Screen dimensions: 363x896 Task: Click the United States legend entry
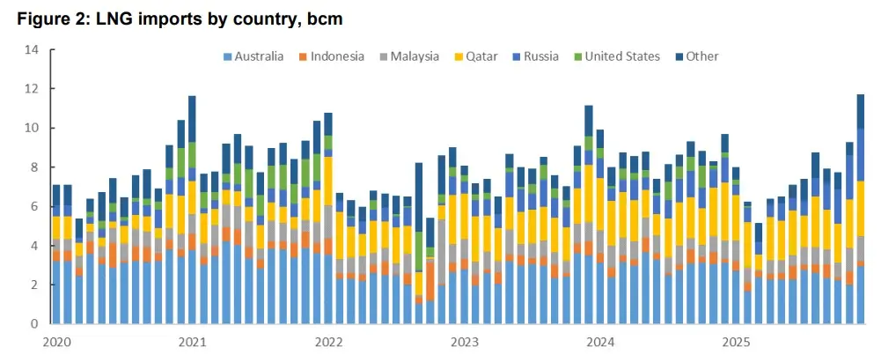click(x=617, y=56)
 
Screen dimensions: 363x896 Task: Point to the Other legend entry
click(x=695, y=56)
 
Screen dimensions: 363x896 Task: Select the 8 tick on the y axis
click(x=36, y=167)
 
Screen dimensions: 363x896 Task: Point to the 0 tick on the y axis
click(x=36, y=324)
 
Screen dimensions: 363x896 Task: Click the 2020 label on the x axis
click(x=55, y=341)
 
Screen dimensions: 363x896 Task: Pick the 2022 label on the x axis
click(x=328, y=341)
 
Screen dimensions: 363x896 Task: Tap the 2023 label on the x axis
click(x=464, y=341)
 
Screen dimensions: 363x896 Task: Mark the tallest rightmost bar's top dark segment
click(x=861, y=111)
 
